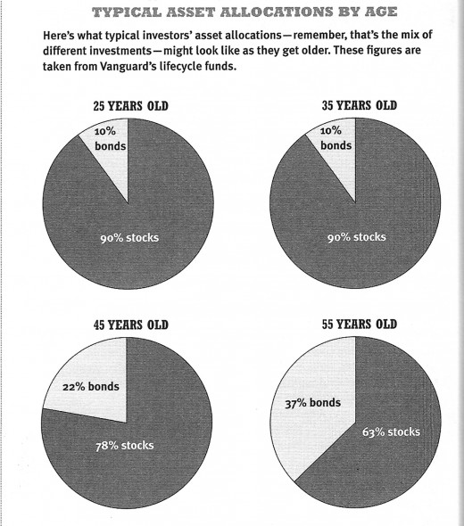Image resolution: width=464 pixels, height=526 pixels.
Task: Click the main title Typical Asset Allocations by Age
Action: point(244,12)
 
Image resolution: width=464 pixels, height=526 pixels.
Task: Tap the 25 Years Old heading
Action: point(130,106)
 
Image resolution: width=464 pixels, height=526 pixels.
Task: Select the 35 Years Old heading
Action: point(360,105)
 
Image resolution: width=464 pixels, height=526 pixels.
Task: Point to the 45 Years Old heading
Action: point(130,325)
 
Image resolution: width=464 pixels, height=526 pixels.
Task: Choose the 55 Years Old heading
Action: point(360,324)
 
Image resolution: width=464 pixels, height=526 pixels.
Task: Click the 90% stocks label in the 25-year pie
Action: point(129,238)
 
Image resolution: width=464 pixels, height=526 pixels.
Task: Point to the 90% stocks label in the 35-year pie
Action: point(357,237)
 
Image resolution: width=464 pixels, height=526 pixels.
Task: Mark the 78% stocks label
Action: point(125,446)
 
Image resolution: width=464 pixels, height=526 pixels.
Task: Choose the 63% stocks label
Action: point(391,431)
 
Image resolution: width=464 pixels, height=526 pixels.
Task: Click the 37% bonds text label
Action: point(313,403)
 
